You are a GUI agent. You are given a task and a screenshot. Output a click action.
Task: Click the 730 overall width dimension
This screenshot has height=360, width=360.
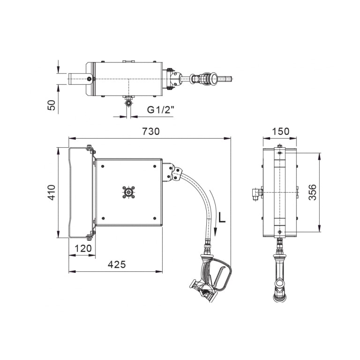click(150, 132)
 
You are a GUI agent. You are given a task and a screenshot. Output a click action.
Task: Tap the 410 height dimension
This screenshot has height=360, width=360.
click(52, 192)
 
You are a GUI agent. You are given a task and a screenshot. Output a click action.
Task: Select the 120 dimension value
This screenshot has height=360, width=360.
click(83, 248)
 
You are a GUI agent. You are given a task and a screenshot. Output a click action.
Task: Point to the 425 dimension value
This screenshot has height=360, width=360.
click(117, 264)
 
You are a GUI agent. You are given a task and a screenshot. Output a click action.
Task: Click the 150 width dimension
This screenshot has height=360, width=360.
click(281, 132)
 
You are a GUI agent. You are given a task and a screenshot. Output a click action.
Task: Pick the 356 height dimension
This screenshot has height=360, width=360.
click(313, 192)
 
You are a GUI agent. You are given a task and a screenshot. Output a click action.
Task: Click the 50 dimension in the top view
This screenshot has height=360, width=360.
click(52, 105)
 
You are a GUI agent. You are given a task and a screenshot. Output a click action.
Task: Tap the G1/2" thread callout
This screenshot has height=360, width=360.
click(161, 110)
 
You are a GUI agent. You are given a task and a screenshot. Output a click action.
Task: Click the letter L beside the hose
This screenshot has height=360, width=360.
click(222, 217)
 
